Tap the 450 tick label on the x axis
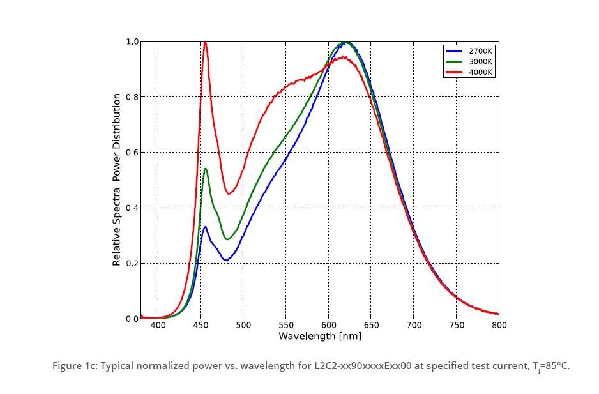(x=201, y=325)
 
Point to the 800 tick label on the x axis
(x=499, y=325)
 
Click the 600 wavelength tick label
(x=328, y=325)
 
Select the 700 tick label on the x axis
(x=414, y=325)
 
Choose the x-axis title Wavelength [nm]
(x=319, y=335)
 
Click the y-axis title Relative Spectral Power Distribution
(x=117, y=180)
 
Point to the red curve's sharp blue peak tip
(x=205, y=42)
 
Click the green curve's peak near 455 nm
(x=206, y=169)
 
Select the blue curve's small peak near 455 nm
(x=205, y=227)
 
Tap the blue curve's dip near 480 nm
(x=226, y=260)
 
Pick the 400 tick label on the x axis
(x=158, y=325)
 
